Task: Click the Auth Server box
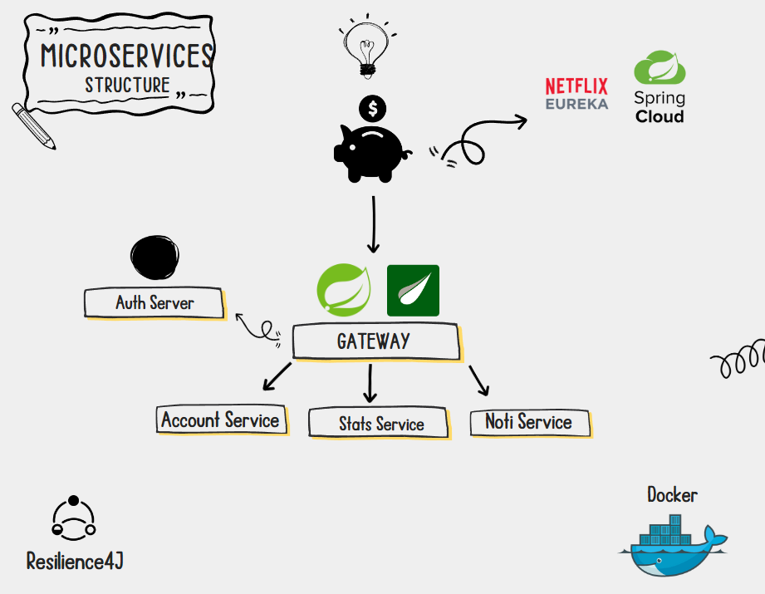click(x=154, y=302)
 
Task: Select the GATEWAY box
click(x=375, y=341)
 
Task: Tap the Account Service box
click(x=221, y=420)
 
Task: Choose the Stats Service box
click(x=380, y=424)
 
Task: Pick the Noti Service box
click(x=529, y=422)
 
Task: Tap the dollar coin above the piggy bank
click(x=373, y=107)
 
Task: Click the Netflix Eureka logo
click(x=576, y=94)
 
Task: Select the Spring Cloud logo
click(x=660, y=87)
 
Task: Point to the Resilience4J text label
click(x=75, y=561)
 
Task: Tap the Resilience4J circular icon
click(x=74, y=517)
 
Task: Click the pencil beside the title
click(x=33, y=126)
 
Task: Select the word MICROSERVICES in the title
click(x=126, y=56)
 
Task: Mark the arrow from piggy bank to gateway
click(x=373, y=224)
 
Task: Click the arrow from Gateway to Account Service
click(x=277, y=376)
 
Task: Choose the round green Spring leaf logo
click(x=344, y=291)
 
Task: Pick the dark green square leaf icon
click(x=413, y=291)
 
